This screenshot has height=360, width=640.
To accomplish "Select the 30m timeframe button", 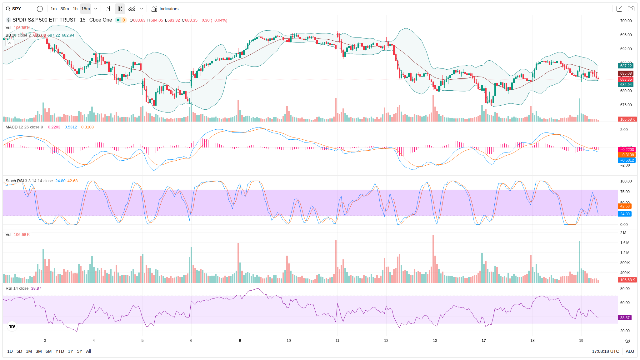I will click(65, 9).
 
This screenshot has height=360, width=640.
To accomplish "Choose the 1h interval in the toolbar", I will click(75, 9).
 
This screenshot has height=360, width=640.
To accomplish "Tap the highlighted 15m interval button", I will click(86, 9).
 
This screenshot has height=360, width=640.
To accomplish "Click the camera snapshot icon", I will click(631, 9).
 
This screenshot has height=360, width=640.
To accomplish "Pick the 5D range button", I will click(19, 351).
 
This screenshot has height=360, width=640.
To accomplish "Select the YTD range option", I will click(60, 351).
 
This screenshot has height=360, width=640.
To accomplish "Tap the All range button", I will click(88, 351).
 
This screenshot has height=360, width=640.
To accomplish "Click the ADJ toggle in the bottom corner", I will click(630, 351).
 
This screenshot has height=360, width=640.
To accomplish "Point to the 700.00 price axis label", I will click(626, 21).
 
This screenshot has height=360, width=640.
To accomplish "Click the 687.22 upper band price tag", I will click(626, 66).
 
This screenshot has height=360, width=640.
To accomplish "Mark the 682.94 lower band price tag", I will click(626, 85).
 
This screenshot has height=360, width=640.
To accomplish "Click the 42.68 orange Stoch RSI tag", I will click(625, 206).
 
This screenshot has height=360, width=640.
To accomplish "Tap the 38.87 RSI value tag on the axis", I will click(625, 318).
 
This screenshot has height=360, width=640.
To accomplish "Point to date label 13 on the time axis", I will click(435, 341).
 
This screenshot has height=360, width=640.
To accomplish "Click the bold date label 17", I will click(484, 341).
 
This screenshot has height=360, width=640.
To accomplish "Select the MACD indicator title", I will click(12, 127).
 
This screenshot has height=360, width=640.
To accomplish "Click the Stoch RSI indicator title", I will click(14, 181).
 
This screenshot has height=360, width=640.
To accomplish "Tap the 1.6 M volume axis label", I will click(625, 243).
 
